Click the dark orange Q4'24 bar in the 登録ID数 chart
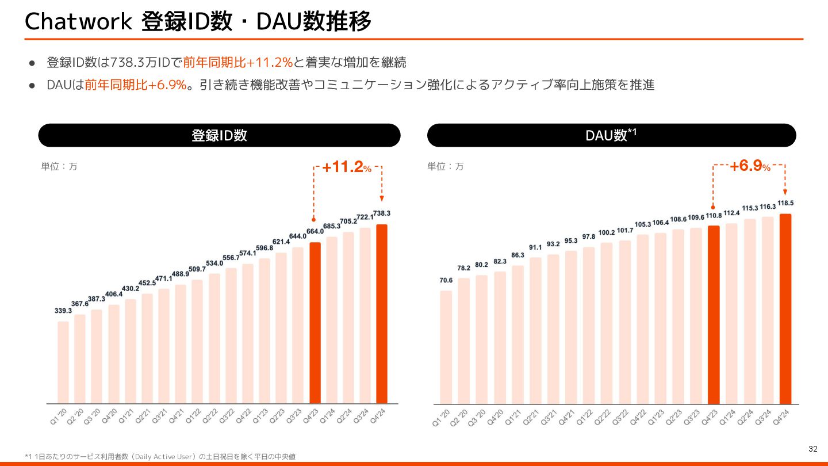tap(382, 314)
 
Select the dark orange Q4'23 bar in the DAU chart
tap(714, 314)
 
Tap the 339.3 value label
tap(63, 311)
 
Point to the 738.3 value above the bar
tap(381, 213)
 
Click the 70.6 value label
tap(446, 281)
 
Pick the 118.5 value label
tap(786, 203)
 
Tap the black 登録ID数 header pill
tap(219, 135)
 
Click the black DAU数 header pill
tap(611, 135)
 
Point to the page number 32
tap(812, 449)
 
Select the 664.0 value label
tap(315, 232)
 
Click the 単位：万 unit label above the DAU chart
tap(445, 167)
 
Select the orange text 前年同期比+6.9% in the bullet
tap(136, 85)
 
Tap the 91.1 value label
tap(535, 247)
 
